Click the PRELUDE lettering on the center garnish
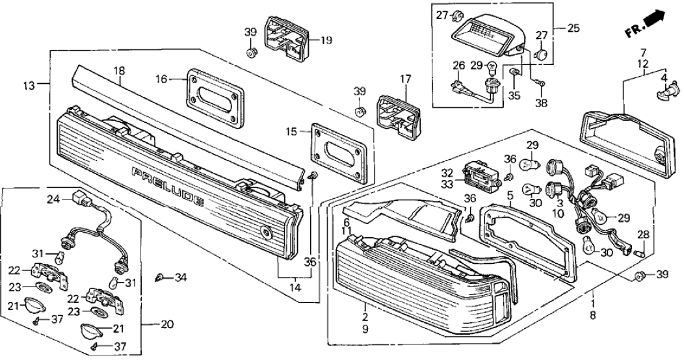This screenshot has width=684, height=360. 169,186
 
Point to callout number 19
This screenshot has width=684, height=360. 326,40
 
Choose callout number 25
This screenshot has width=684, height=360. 573,29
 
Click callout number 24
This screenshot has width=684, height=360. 53,200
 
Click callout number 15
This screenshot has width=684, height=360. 291,132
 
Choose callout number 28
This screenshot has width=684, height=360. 642,234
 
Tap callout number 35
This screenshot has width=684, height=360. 514,96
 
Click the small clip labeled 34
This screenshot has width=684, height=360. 160,278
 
